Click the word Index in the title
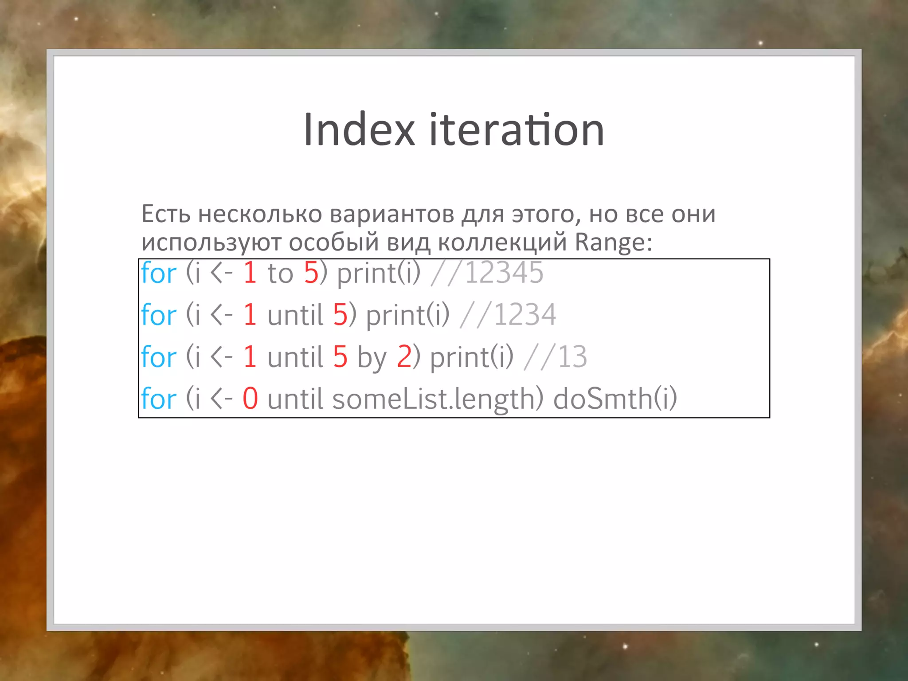[359, 129]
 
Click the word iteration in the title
[517, 129]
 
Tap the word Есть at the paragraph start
[166, 214]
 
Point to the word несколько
[260, 214]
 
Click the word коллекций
[502, 242]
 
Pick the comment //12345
[487, 272]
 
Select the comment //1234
[508, 315]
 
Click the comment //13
[555, 356]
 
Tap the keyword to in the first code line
[280, 273]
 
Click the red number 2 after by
[404, 356]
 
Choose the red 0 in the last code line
[250, 398]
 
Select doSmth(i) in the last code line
[615, 398]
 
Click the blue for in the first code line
[159, 272]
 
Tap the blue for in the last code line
[159, 398]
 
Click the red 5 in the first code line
[311, 272]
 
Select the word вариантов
[391, 214]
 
